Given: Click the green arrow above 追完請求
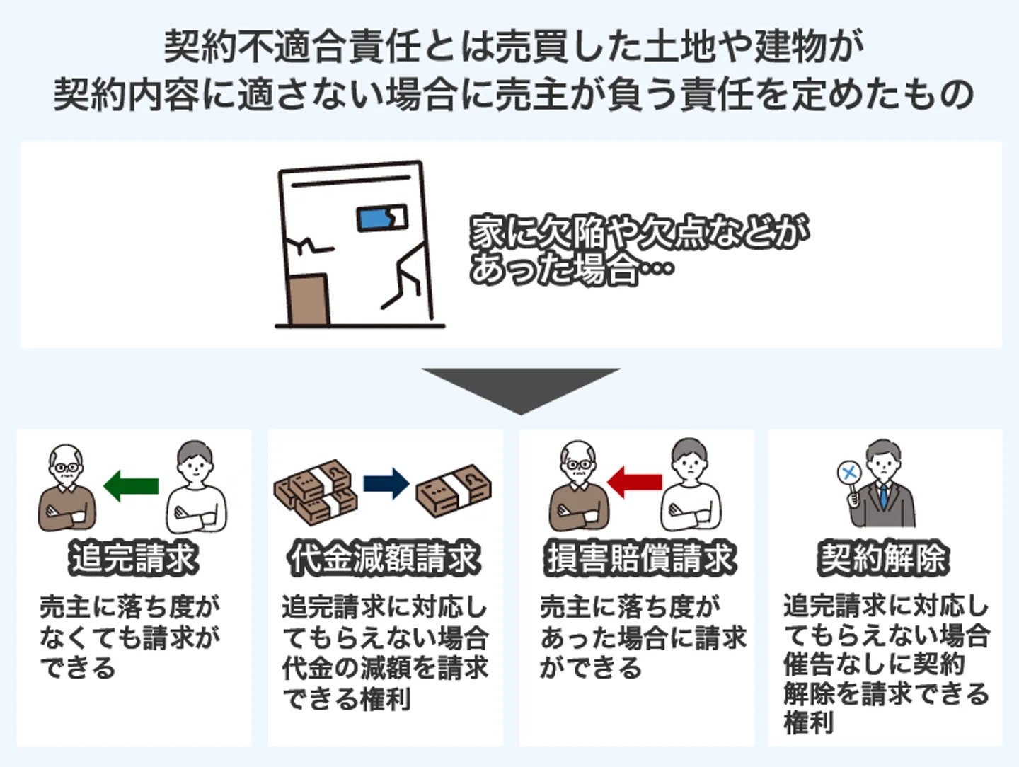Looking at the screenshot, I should tap(131, 486).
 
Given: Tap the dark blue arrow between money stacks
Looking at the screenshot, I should tap(386, 484).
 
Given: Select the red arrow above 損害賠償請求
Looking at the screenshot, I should tap(635, 482).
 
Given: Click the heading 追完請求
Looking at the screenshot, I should tap(134, 558).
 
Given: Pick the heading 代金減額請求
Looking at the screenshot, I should tap(384, 558).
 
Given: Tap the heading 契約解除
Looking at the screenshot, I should tap(883, 558).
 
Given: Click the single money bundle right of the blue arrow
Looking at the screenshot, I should tap(453, 490).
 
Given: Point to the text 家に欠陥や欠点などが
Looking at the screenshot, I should tap(639, 231).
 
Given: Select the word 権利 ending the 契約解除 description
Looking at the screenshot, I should tap(809, 722).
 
